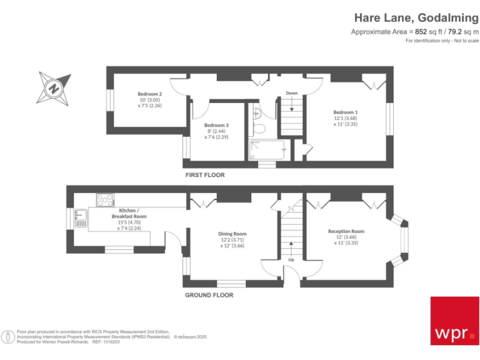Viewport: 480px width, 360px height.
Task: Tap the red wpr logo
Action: tap(454, 321)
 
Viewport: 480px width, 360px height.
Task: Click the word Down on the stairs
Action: tap(291, 93)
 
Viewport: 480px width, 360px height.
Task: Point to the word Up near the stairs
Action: tap(291, 259)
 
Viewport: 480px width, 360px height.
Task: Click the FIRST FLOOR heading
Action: tap(205, 175)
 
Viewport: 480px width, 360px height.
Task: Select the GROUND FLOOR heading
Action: tap(209, 295)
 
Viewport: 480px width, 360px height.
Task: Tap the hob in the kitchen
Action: tap(105, 200)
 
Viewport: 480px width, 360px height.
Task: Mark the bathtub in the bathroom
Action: tap(267, 151)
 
